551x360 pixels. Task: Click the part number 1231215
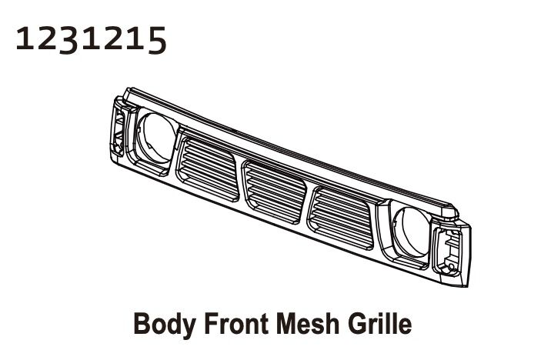[90, 38]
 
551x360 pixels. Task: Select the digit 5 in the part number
[155, 39]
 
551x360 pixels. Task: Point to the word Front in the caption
[229, 323]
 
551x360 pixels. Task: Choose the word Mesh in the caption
[300, 323]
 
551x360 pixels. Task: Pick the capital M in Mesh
[276, 323]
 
